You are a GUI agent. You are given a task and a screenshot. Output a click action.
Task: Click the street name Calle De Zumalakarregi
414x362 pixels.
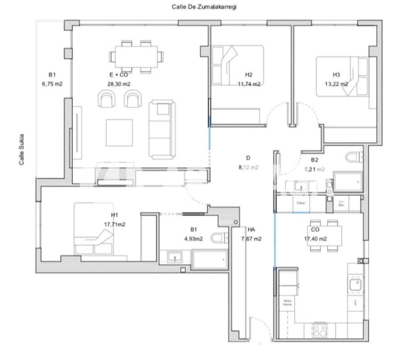pos(207,7)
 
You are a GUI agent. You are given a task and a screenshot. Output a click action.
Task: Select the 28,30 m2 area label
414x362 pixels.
pos(115,84)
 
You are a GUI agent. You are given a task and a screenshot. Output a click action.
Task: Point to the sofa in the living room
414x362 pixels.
pos(162,130)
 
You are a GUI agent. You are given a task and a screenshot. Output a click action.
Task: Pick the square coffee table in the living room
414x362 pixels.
pos(119,133)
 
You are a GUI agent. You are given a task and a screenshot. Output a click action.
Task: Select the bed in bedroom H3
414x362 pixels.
pos(342,76)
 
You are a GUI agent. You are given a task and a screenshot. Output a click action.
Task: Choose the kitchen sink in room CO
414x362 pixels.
pos(355,284)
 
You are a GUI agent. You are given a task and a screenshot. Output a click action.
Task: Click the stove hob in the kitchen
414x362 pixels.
pos(319,331)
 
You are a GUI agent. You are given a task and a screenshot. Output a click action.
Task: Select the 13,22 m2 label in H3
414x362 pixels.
pos(336,84)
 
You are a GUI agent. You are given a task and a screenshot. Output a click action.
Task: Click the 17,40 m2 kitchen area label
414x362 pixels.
pos(315,239)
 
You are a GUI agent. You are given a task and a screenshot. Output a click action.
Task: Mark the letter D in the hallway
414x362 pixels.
pos(248,158)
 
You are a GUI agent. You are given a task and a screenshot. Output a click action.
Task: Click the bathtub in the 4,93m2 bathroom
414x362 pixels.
pos(210,259)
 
